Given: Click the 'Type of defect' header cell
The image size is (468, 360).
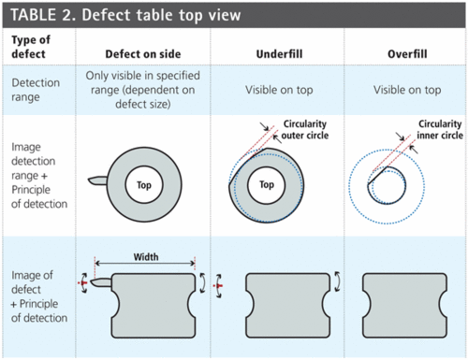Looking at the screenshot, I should pyautogui.click(x=30, y=49).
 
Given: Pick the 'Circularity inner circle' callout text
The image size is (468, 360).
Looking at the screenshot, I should pyautogui.click(x=432, y=130).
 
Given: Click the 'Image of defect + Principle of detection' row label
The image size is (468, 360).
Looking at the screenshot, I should pyautogui.click(x=39, y=296).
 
